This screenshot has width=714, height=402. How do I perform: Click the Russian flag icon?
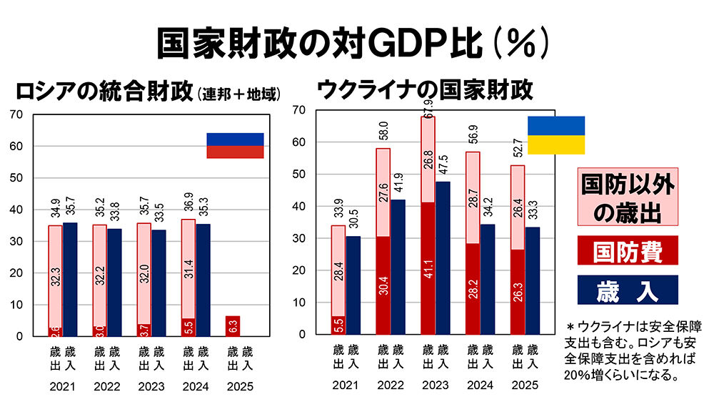[x=235, y=145]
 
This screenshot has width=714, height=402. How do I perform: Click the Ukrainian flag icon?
[x=556, y=135]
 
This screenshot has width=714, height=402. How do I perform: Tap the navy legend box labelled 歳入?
[x=627, y=290]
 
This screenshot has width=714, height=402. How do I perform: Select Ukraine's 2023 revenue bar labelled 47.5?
[x=443, y=258]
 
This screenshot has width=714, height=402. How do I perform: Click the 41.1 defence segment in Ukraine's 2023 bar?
[x=428, y=268]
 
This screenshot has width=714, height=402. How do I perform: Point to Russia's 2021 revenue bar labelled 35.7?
[x=70, y=279]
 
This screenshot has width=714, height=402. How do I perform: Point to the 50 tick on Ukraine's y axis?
[x=301, y=175]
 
